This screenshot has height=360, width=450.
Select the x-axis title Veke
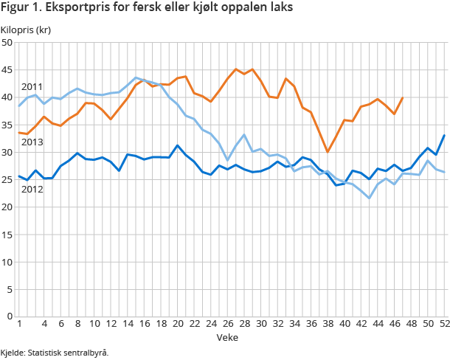pyautogui.click(x=227, y=337)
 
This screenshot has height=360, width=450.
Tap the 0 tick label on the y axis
pyautogui.click(x=10, y=316)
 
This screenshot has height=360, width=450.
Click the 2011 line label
pyautogui.click(x=32, y=87)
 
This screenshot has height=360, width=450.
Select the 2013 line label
pyautogui.click(x=32, y=142)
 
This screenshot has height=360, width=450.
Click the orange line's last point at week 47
pyautogui.click(x=402, y=97)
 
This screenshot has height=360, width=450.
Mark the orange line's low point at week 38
pyautogui.click(x=328, y=152)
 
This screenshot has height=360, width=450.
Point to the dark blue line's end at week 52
pyautogui.click(x=444, y=135)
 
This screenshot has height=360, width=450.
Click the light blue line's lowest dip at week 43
pyautogui.click(x=370, y=198)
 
